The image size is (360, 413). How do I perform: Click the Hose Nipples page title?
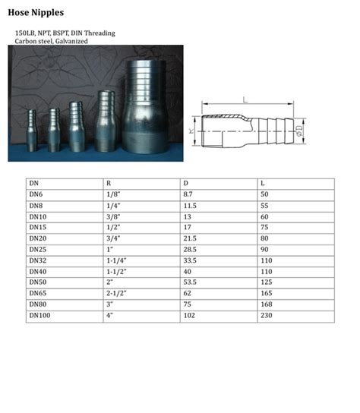pos(36,13)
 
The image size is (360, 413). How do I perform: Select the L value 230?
pos(266,315)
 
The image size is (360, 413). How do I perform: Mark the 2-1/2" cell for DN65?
pos(115,293)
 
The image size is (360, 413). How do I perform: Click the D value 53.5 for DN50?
pos(190,282)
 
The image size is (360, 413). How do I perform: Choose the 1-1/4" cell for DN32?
pos(115,260)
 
